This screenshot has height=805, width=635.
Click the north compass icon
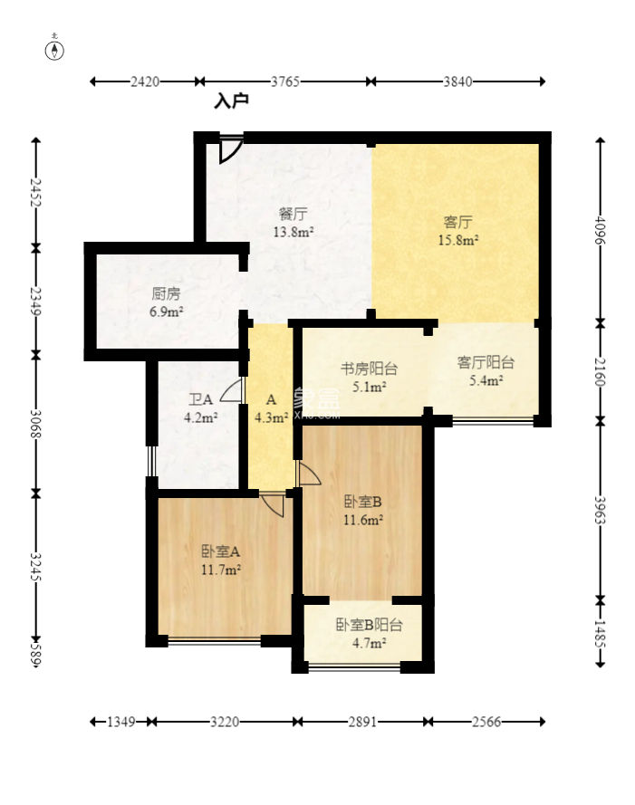pyautogui.click(x=54, y=49)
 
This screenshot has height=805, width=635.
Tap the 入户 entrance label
pyautogui.click(x=232, y=101)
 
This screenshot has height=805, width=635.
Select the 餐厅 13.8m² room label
pyautogui.click(x=293, y=223)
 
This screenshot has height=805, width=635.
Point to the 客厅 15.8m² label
pyautogui.click(x=458, y=231)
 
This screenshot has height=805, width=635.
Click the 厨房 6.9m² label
pyautogui.click(x=167, y=302)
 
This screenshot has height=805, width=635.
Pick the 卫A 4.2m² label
pyautogui.click(x=200, y=408)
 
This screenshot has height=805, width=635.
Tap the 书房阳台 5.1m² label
pyautogui.click(x=369, y=378)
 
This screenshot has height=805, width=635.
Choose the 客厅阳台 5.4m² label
pyautogui.click(x=486, y=371)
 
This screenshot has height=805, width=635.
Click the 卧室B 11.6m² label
pyautogui.click(x=362, y=511)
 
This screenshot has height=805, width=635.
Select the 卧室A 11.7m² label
pyautogui.click(x=221, y=561)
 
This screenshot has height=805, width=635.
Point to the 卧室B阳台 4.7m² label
pyautogui.click(x=369, y=634)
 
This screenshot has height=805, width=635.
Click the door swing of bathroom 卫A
pyautogui.click(x=230, y=390)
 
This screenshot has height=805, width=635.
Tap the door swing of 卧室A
pyautogui.click(x=273, y=505)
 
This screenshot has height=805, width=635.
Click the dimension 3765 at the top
pyautogui.click(x=285, y=81)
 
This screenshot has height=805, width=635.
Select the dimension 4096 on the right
pyautogui.click(x=600, y=231)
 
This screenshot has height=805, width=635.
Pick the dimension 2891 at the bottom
pyautogui.click(x=362, y=722)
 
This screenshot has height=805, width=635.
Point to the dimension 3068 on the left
pyautogui.click(x=35, y=424)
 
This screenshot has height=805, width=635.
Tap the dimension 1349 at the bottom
pyautogui.click(x=121, y=722)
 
